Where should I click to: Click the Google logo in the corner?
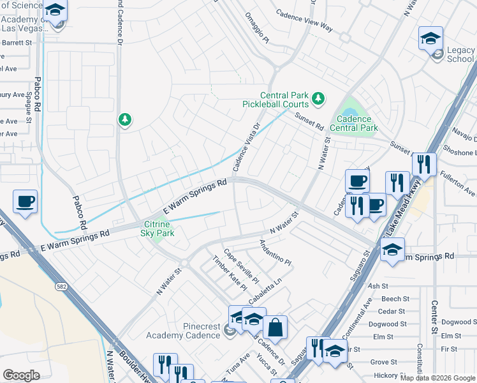click(x=21, y=375)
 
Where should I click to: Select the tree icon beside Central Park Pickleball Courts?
click(x=318, y=99)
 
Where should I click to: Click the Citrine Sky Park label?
click(x=157, y=229)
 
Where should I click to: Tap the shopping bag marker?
click(x=275, y=328)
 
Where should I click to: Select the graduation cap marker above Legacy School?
click(x=430, y=38)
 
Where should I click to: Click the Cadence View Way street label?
click(x=304, y=20)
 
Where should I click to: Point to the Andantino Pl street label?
click(x=275, y=253)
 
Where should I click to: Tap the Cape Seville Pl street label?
click(x=240, y=266)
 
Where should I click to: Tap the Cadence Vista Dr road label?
click(x=247, y=147)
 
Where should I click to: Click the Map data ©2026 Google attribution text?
click(x=437, y=377)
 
